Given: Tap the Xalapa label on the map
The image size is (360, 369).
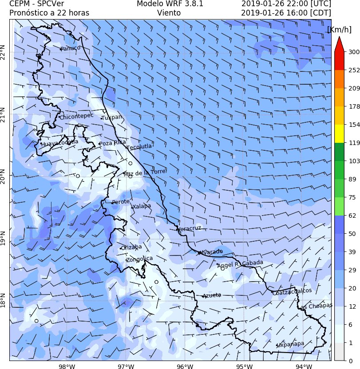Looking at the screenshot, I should click(142, 206).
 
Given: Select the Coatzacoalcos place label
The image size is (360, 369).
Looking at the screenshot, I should click(292, 291).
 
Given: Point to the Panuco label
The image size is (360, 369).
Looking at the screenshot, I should click(71, 48).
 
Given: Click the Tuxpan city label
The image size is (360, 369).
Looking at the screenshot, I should click(111, 117).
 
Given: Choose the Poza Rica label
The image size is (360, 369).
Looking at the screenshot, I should click(112, 143).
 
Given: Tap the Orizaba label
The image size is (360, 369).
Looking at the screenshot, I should click(132, 247).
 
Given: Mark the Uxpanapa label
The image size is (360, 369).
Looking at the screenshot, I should click(291, 344).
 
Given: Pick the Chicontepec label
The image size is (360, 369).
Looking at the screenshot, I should click(76, 116).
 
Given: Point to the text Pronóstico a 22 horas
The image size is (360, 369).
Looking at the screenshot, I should click(49, 13).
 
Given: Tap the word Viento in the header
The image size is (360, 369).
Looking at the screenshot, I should click(169, 13).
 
